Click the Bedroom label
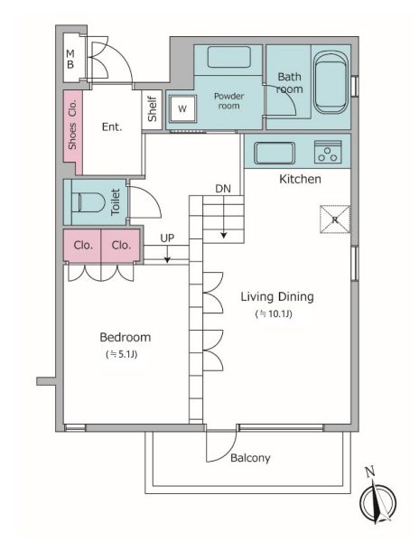[x=125, y=337]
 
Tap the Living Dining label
[x=277, y=297]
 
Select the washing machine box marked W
[x=182, y=108]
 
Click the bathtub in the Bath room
[x=331, y=82]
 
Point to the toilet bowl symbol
[x=88, y=201]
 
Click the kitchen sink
[x=275, y=153]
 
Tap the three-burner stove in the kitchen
[x=328, y=152]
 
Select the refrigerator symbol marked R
[x=335, y=220]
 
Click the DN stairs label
[x=223, y=189]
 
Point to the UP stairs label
[x=167, y=238]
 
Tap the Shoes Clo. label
[x=72, y=125]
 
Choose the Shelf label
[x=152, y=109]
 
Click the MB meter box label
[x=70, y=59]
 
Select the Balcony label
[x=250, y=458]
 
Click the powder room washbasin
[x=229, y=57]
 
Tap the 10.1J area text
[x=274, y=313]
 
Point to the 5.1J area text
[x=122, y=354]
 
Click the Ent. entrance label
[x=112, y=126]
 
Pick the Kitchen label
[x=300, y=179]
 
